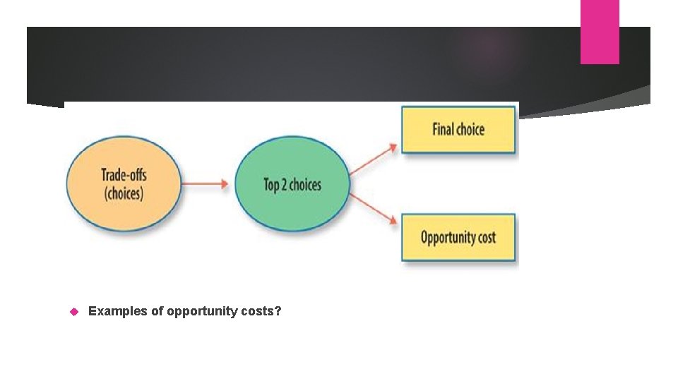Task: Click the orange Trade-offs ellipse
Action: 124,183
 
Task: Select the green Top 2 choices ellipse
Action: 292,183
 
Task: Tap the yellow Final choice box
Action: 458,129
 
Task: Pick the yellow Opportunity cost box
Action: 458,237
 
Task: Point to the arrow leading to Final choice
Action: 374,158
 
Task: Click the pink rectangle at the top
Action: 600,32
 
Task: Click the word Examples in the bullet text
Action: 117,310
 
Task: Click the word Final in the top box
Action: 443,129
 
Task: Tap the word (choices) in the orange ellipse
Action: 124,193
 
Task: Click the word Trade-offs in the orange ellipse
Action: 124,174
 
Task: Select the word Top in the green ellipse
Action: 272,185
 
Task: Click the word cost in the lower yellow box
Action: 487,237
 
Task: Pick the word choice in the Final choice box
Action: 470,129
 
